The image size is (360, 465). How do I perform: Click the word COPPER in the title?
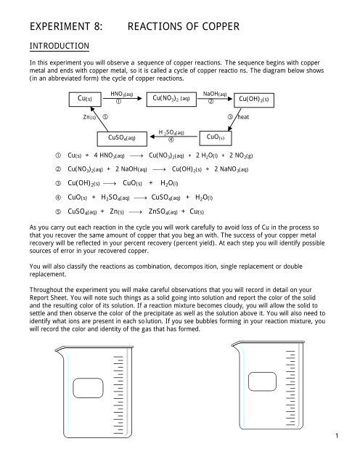pos(223,28)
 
